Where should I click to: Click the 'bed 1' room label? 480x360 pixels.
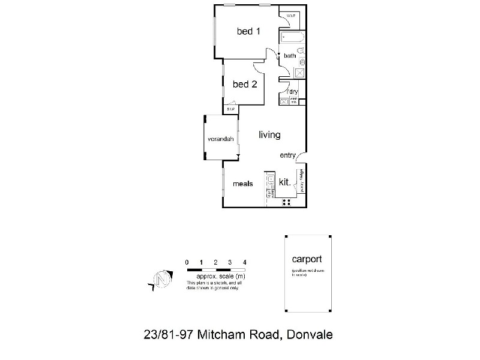tap(248, 32)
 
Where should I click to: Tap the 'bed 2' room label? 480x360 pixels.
tap(245, 85)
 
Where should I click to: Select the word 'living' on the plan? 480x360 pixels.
tap(269, 135)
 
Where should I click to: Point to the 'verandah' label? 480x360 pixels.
tap(220, 139)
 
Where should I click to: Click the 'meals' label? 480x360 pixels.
tap(242, 184)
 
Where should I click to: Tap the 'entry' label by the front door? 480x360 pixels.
tap(288, 156)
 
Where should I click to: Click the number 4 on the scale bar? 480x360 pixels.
tap(245, 262)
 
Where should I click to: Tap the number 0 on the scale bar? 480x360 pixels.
tap(187, 262)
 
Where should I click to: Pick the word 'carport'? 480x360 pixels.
tap(307, 260)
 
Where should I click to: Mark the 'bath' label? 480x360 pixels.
tap(290, 56)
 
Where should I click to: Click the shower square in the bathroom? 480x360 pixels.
tap(300, 73)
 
